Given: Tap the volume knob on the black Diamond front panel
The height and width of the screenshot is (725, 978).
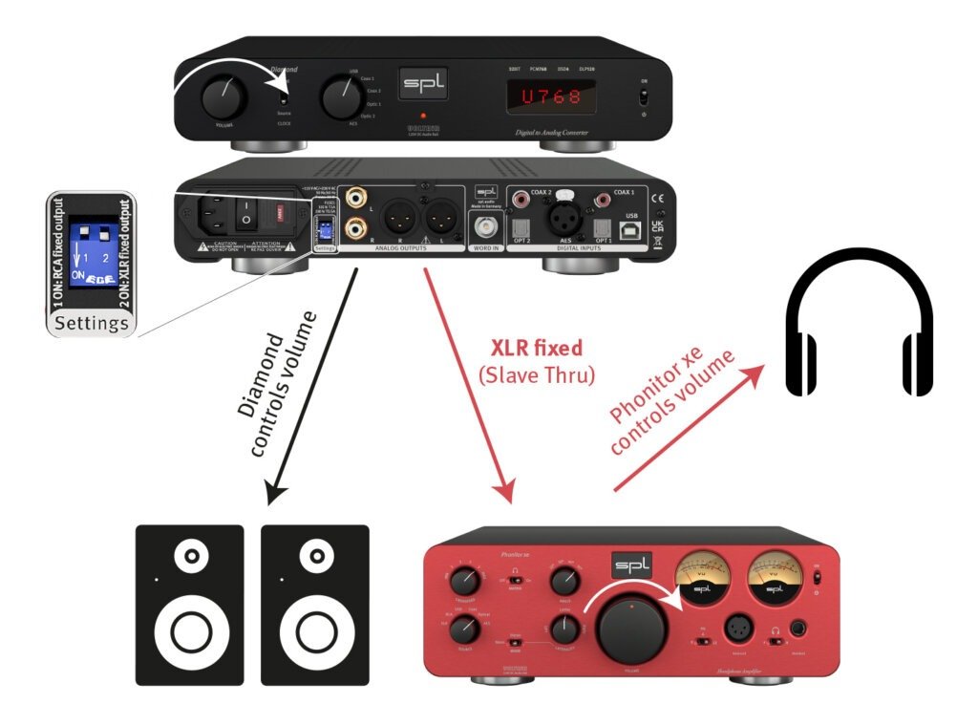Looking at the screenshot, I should (223, 97).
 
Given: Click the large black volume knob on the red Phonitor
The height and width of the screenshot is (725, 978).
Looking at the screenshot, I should (632, 625).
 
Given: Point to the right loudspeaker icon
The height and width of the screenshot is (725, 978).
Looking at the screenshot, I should (314, 604).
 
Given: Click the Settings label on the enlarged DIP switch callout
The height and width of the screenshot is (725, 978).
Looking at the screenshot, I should (92, 324).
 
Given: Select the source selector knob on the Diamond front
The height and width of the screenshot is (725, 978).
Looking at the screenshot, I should (337, 97).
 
